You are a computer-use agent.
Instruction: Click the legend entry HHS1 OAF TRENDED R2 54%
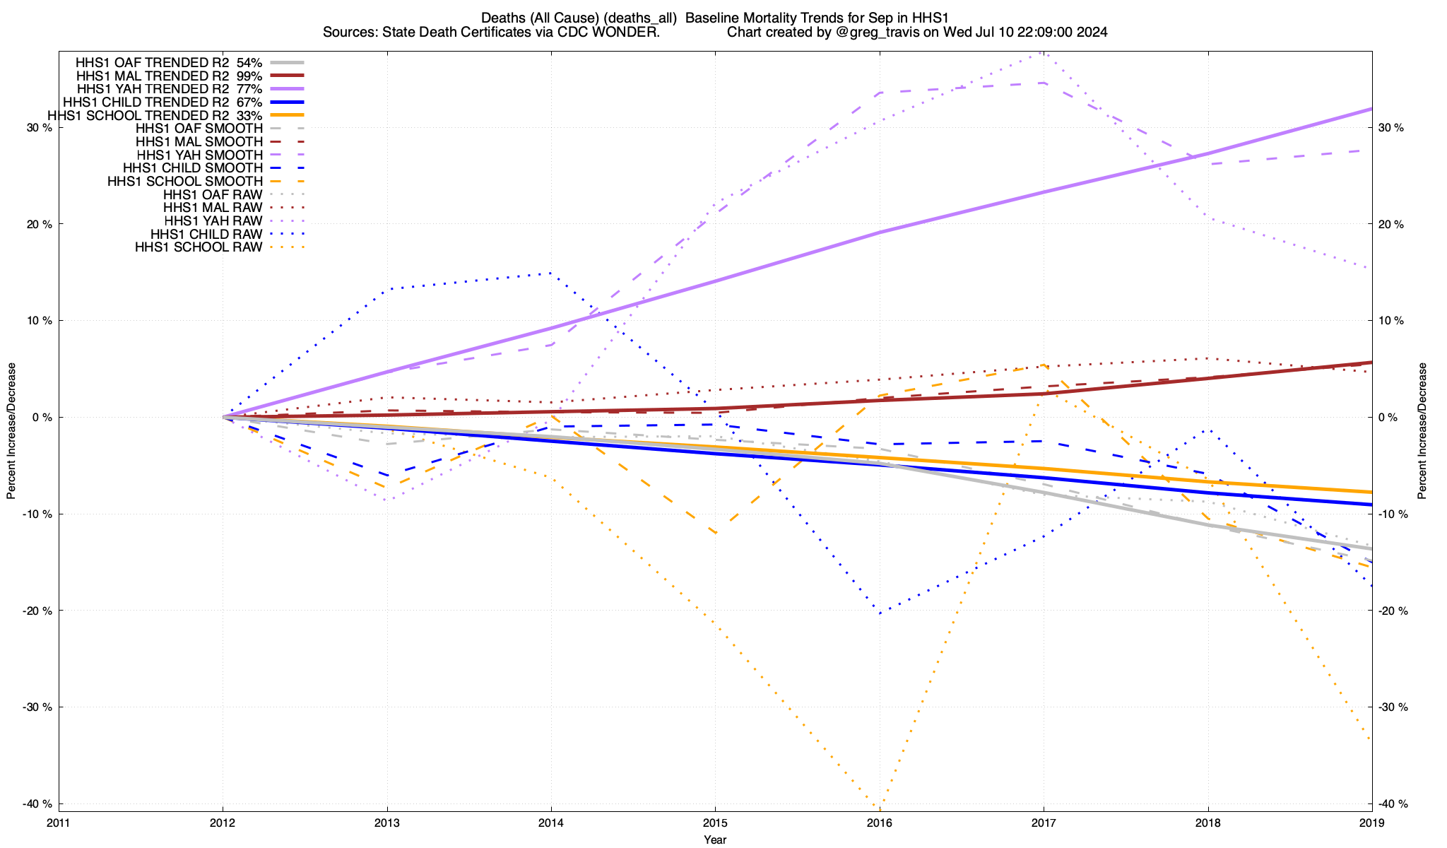pyautogui.click(x=169, y=62)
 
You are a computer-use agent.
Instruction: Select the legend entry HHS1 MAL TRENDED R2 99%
pyautogui.click(x=169, y=76)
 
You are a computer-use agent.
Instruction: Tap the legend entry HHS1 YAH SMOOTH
pyautogui.click(x=199, y=155)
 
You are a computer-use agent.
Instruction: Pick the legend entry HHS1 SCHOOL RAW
pyautogui.click(x=199, y=247)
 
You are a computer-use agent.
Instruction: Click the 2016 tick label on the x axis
pyautogui.click(x=879, y=823)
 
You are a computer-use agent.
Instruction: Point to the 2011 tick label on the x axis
pyautogui.click(x=59, y=823)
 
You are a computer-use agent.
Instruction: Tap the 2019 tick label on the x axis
pyautogui.click(x=1371, y=823)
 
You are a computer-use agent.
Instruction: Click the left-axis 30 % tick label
pyautogui.click(x=38, y=128)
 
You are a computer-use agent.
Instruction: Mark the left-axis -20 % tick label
pyautogui.click(x=37, y=611)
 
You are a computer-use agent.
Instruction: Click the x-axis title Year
pyautogui.click(x=715, y=840)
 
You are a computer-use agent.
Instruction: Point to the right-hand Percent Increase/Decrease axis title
pyautogui.click(x=1422, y=431)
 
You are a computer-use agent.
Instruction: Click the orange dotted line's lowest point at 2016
pyautogui.click(x=878, y=807)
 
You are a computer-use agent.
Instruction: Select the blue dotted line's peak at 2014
pyautogui.click(x=550, y=273)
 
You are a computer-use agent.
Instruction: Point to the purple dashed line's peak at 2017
pyautogui.click(x=1043, y=83)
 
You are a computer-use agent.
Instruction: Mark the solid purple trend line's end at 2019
pyautogui.click(x=1371, y=109)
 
